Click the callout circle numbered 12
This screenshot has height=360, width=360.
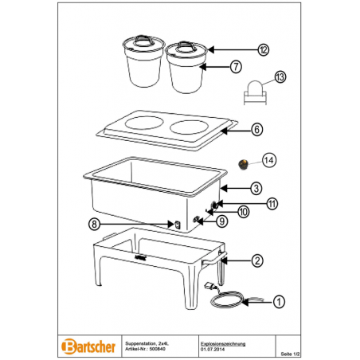(x=263, y=50)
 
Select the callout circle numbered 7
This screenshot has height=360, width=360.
(x=236, y=66)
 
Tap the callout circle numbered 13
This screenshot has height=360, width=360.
(x=280, y=77)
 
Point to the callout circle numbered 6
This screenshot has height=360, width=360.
(x=257, y=130)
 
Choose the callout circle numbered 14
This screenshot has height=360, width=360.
(x=269, y=160)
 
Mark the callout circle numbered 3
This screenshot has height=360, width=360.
(x=256, y=189)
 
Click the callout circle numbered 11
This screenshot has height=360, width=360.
(x=272, y=204)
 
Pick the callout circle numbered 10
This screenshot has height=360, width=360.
(x=244, y=212)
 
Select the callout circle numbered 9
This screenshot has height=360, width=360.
(x=222, y=221)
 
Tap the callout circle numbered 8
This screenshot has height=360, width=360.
(x=94, y=224)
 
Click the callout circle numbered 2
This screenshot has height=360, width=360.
(x=257, y=261)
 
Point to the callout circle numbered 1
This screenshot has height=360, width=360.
(x=279, y=302)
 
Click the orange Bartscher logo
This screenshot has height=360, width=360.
(x=88, y=346)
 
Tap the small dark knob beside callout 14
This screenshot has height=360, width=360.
(x=242, y=165)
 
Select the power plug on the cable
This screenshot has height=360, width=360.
(x=209, y=287)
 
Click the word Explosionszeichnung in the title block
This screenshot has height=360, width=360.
(x=223, y=344)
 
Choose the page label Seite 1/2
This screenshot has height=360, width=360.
(x=291, y=354)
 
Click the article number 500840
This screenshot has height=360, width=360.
(x=157, y=349)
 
